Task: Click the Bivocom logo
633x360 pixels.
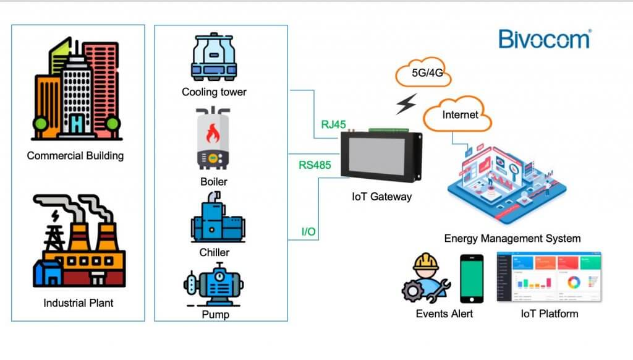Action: [544, 38]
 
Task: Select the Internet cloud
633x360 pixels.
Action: [460, 114]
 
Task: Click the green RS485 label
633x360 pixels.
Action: [315, 165]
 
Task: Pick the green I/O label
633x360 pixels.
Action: [308, 232]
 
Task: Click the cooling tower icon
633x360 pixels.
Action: [213, 58]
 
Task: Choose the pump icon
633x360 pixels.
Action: [214, 286]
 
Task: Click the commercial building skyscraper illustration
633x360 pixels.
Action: [77, 90]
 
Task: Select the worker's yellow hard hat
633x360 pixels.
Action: [427, 263]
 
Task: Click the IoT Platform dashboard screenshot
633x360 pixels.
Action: [550, 276]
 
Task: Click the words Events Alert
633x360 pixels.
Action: [444, 314]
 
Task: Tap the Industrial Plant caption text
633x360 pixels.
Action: [79, 303]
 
